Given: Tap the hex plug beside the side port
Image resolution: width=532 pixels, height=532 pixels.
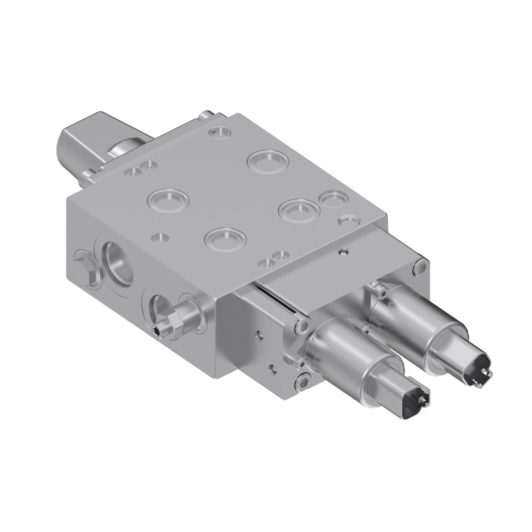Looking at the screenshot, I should (x=84, y=264).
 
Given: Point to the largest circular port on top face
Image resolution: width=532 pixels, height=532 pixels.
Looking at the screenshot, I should (x=268, y=162).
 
